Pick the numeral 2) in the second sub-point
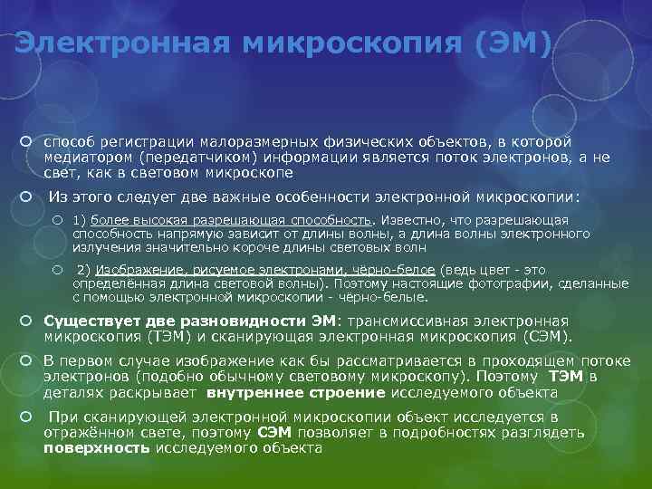(x=84, y=270)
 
